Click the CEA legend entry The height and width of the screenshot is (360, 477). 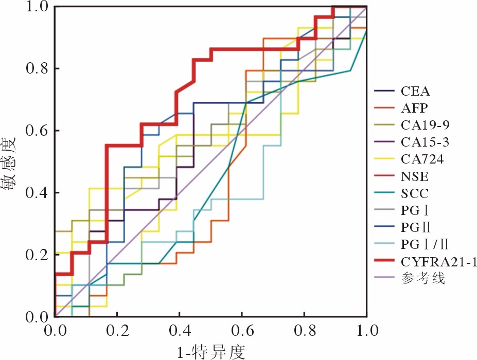tap(415, 93)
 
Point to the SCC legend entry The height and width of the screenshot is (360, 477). tap(414, 194)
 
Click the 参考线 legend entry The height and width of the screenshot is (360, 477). tap(422, 279)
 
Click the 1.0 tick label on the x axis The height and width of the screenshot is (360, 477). tap(366, 329)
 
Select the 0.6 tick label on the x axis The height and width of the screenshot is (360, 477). tap(242, 329)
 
